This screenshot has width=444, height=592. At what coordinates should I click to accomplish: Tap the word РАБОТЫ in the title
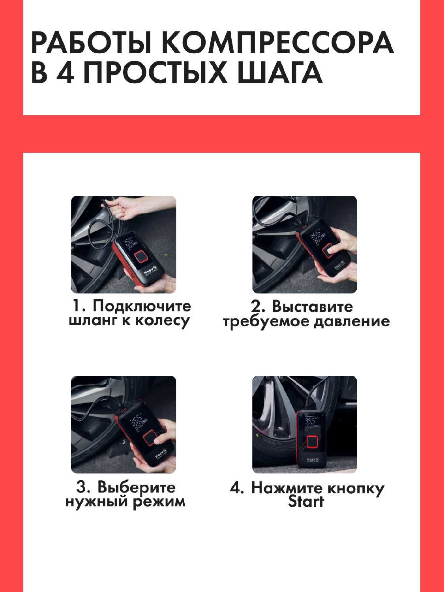91,43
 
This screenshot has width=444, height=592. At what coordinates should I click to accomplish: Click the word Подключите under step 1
142,307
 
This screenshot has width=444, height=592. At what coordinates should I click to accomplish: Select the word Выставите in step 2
312,307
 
